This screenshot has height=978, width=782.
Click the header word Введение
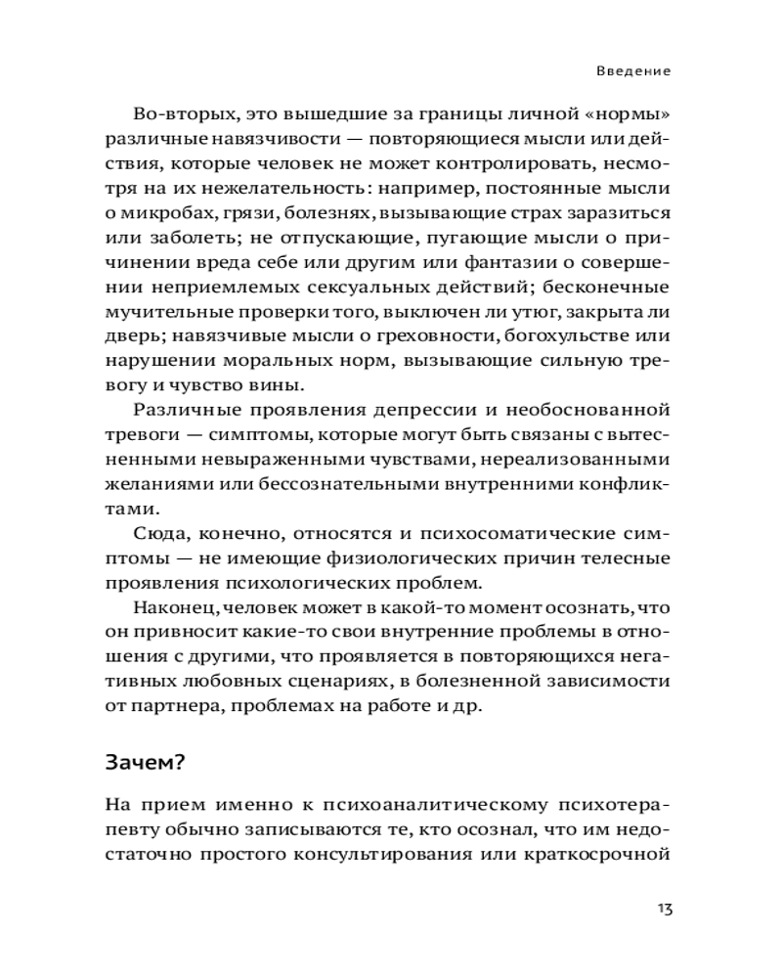coord(634,71)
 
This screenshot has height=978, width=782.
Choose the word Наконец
coord(170,609)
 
